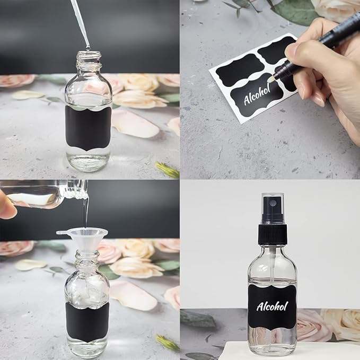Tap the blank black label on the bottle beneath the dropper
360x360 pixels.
coord(87,128)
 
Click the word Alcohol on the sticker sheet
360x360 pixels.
coord(257,95)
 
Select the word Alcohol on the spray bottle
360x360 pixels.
coord(272,306)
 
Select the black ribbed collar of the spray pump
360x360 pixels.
coord(273,234)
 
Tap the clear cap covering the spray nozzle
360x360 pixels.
coord(273,207)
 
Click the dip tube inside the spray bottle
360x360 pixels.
coord(272,265)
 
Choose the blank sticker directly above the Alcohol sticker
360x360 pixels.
coord(240,71)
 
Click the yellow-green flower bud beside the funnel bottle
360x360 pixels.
coord(167,343)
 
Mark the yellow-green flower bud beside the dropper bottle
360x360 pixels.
coord(167,169)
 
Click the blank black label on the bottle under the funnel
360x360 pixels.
coord(87,321)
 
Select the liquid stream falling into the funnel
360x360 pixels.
coord(85,212)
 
